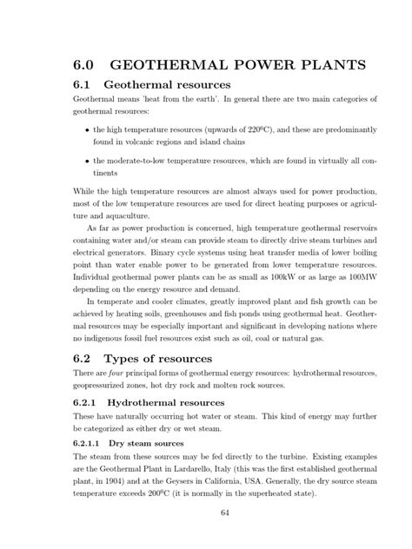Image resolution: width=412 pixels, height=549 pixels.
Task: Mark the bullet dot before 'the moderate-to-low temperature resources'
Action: [x=89, y=161]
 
